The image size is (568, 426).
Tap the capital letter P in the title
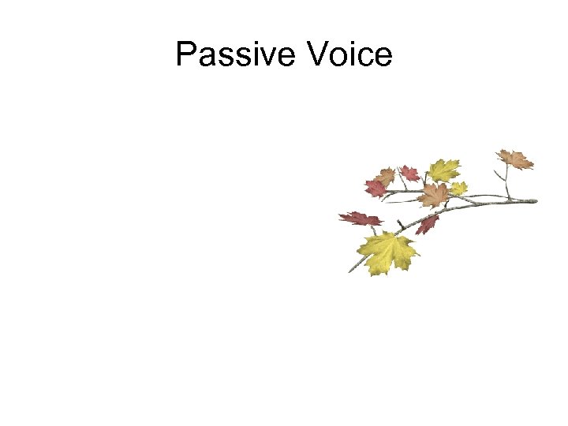pos(185,54)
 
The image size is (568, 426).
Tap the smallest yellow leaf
pos(458,188)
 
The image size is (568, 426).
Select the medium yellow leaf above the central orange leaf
pos(444,169)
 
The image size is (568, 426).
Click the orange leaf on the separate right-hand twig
pos(516,159)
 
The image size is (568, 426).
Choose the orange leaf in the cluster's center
pos(435,194)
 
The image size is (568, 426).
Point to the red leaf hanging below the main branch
pos(428,224)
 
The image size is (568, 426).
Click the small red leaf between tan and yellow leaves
pos(409,172)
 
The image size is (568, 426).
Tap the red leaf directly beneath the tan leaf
pos(375,188)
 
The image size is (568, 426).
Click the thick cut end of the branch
pos(534,200)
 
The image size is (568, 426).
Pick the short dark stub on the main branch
pos(401,224)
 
